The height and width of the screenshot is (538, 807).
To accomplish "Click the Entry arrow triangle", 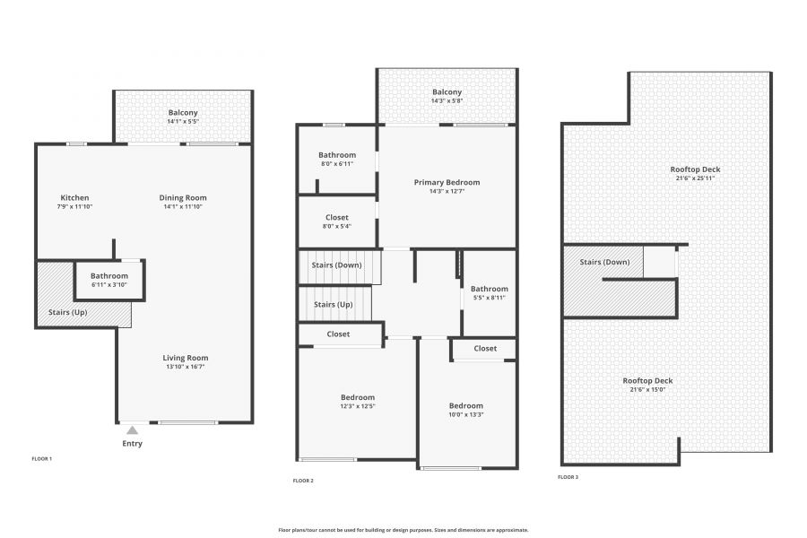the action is (133, 430).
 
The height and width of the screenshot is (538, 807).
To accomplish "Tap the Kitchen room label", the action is (74, 197).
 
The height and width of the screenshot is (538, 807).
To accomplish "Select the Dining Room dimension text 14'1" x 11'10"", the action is (183, 206).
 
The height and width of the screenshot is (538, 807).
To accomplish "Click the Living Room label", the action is (186, 358).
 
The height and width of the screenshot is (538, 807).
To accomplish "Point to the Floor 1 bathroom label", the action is (109, 276).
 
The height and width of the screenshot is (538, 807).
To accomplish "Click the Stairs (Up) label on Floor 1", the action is (68, 313).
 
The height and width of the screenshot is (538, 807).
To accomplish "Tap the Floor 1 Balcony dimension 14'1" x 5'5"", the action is (183, 122).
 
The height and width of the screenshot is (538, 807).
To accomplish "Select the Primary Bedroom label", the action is (447, 182).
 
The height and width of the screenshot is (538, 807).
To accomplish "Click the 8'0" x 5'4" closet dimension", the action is (337, 226).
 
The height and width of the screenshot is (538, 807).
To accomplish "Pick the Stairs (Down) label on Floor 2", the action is (336, 265).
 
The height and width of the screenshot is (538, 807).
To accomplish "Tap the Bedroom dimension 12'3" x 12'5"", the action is (358, 406).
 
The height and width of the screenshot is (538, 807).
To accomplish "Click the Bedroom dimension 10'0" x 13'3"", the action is (465, 414).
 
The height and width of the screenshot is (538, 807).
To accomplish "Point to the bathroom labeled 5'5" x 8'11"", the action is (490, 289).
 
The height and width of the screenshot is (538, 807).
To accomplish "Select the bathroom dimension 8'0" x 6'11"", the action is (337, 164).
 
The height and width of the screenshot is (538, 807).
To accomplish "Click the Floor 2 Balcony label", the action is (447, 92).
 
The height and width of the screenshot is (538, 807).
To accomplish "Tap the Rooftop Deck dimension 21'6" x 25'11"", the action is (695, 178).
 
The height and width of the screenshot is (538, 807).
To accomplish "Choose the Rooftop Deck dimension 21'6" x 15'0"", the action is (647, 390).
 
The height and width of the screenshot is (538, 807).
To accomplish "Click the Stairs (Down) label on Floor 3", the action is (604, 262).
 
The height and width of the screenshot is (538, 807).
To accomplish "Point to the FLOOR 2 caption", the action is (303, 481).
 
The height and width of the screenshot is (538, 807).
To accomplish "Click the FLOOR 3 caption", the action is (568, 477).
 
